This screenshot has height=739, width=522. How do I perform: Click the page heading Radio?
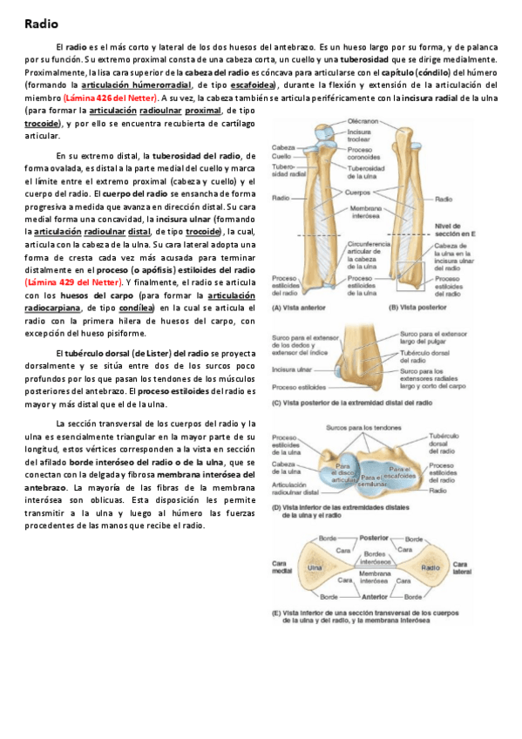40,24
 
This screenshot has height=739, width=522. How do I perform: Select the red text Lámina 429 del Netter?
75,282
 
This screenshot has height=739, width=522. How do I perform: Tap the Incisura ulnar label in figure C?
290,369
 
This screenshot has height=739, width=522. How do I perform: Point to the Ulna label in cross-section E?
315,567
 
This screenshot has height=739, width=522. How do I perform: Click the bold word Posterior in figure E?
374,539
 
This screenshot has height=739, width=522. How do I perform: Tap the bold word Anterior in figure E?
374,597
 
